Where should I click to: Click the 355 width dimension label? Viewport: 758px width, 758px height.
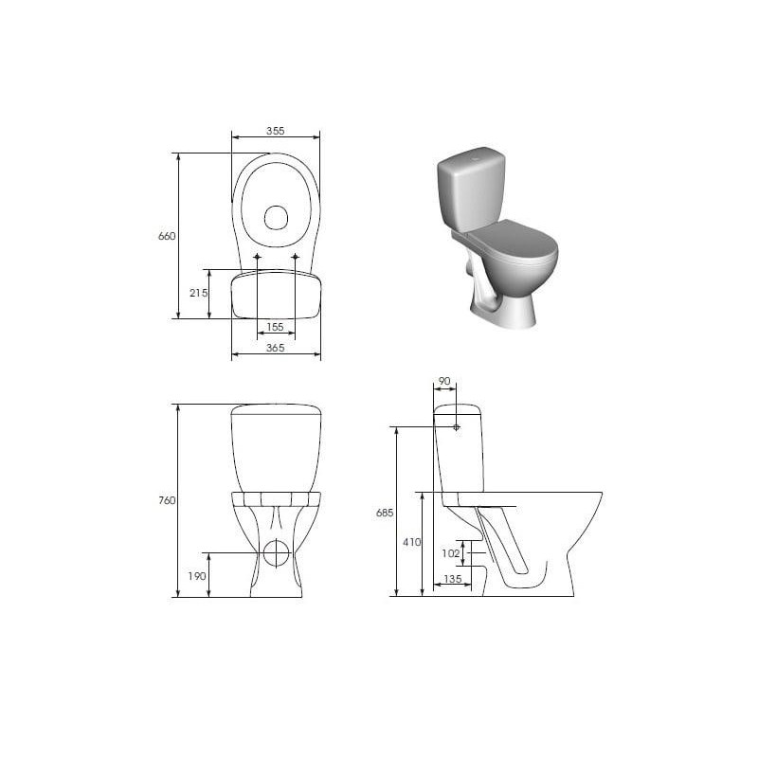(x=275, y=131)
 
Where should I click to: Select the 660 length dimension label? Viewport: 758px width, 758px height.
(x=167, y=236)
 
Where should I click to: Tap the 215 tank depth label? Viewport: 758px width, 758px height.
(x=198, y=293)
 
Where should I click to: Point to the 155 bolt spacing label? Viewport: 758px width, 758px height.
(x=275, y=327)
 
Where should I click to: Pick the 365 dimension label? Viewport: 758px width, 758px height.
(x=275, y=348)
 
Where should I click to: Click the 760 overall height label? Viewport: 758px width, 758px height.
(x=167, y=501)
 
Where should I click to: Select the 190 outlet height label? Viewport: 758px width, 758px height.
(x=197, y=576)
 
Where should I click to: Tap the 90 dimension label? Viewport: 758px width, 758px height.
(x=444, y=382)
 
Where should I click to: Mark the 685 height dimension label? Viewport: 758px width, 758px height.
(x=385, y=513)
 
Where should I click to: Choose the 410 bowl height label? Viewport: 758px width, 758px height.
(x=412, y=542)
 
